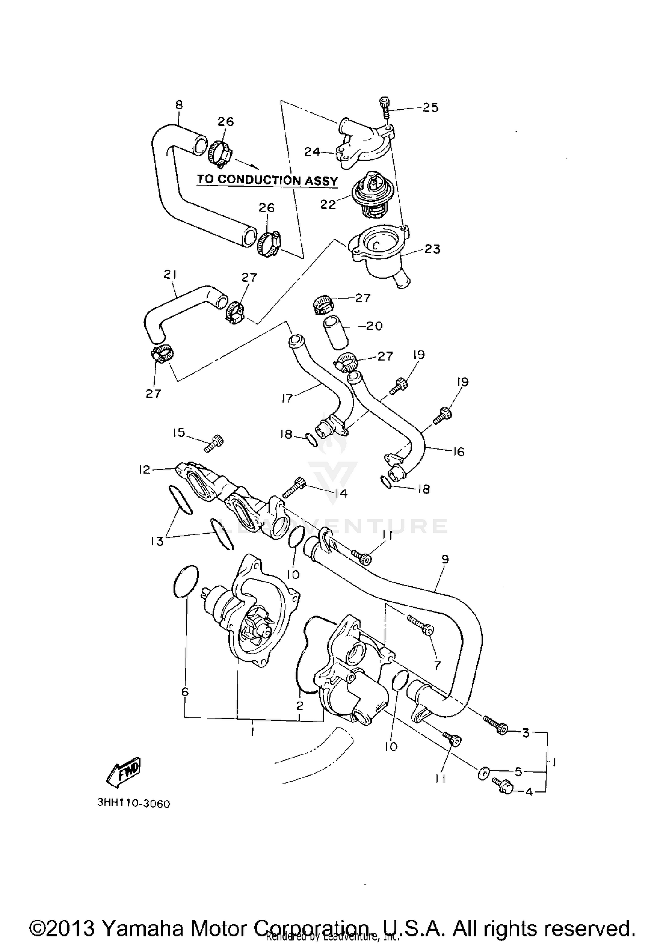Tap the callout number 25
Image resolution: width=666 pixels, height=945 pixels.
(x=430, y=108)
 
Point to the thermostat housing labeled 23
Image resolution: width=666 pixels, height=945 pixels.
(x=377, y=255)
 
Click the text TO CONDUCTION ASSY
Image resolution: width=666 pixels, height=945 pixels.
(x=267, y=180)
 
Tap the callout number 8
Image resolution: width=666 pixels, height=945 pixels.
(x=179, y=105)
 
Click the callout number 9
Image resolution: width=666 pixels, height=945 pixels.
(x=445, y=559)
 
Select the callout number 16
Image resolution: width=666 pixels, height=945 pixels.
(x=458, y=452)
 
